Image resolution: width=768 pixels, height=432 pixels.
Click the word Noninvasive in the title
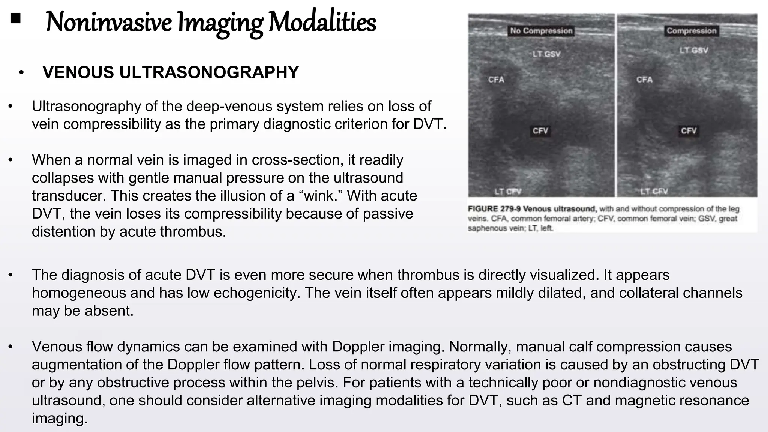point(109,22)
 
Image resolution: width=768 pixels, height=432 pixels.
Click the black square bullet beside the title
point(15,18)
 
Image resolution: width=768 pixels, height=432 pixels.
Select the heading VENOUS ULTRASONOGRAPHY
point(171,72)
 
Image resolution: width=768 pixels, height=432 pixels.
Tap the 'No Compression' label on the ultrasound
point(541,31)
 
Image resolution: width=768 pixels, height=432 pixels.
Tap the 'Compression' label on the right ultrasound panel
point(691,31)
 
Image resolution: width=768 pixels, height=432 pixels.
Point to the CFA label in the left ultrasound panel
point(496,79)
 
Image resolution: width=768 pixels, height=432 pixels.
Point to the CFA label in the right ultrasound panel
point(644,79)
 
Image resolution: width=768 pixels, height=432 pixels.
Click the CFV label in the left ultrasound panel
point(540,131)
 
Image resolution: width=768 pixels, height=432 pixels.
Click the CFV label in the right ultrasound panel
point(688,131)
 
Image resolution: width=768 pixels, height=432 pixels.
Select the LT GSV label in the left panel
point(546,54)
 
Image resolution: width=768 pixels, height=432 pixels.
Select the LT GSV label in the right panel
point(694,50)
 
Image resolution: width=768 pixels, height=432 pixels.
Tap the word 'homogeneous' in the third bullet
point(79,293)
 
